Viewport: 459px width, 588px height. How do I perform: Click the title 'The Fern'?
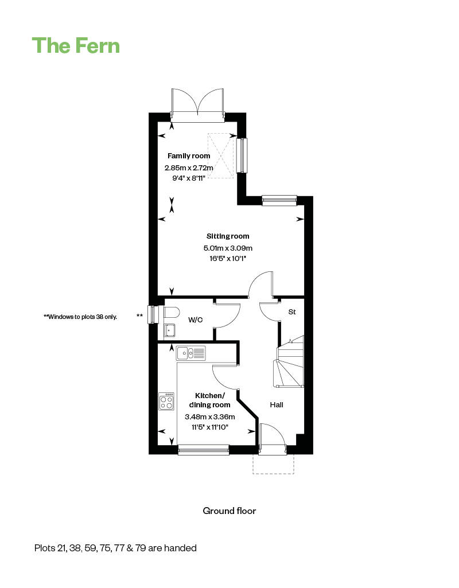tap(76, 45)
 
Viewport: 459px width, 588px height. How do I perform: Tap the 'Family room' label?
tap(189, 156)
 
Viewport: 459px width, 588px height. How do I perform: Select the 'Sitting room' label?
tap(228, 236)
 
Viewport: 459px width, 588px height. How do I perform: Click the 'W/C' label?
tap(196, 320)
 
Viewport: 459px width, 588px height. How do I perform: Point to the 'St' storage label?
tap(291, 312)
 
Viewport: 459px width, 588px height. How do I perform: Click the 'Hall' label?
tap(277, 405)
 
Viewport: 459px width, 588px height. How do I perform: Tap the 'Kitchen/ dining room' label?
tap(210, 400)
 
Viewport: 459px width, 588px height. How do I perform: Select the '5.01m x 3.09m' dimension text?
tap(228, 248)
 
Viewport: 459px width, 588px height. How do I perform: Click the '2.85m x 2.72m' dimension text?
tap(189, 168)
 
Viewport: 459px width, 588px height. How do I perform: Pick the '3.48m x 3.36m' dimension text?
tap(210, 417)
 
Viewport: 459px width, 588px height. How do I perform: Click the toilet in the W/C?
tap(171, 312)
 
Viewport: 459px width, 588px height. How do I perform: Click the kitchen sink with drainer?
tap(191, 353)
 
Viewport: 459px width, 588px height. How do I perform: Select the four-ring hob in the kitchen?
tap(167, 401)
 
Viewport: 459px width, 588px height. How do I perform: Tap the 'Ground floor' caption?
tap(229, 511)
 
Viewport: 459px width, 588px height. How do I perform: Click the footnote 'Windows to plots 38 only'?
tap(80, 316)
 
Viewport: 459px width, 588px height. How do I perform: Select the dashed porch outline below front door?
tap(274, 465)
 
